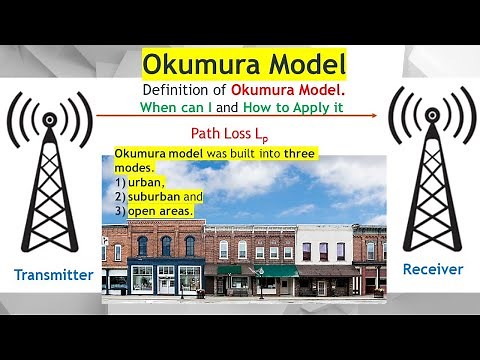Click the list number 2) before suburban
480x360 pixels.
[x=119, y=197]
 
